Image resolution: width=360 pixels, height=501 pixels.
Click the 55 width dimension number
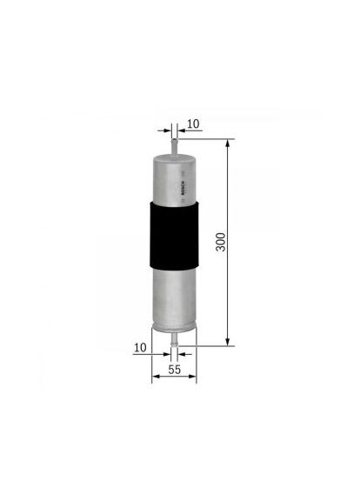click(175, 371)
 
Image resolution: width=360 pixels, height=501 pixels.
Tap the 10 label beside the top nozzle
click(193, 124)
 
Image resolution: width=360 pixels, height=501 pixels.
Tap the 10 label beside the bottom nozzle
click(141, 347)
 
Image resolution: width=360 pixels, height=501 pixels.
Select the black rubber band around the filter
click(175, 235)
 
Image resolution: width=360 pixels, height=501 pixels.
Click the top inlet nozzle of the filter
click(175, 144)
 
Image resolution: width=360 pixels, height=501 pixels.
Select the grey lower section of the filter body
click(174, 296)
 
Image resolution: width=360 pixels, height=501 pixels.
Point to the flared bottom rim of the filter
click(175, 328)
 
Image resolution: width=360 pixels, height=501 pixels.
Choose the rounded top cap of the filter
click(175, 156)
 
